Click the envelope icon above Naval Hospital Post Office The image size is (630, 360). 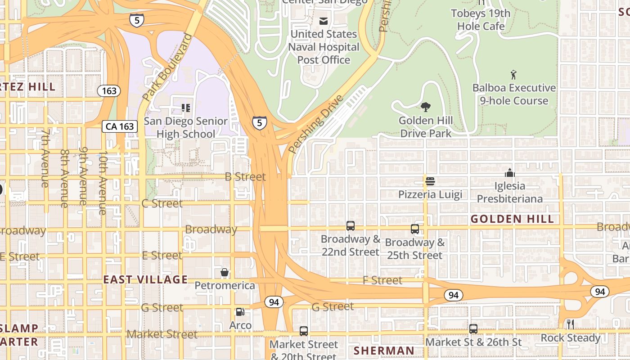323,21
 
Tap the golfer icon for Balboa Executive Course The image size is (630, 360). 513,75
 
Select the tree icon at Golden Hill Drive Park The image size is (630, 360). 425,107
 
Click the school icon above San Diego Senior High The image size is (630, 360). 185,108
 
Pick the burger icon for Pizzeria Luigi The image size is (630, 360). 430,181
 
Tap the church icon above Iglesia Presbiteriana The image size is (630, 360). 509,173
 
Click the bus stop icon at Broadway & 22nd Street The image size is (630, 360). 351,226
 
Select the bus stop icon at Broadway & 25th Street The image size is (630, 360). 415,229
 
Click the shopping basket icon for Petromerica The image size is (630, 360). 225,272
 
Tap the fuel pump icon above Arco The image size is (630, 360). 240,312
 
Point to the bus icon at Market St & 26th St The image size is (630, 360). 473,329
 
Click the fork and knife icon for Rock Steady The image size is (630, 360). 571,324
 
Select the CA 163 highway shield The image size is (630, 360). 120,126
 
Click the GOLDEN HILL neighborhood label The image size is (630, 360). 512,219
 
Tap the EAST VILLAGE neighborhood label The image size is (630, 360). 145,279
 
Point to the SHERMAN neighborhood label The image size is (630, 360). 384,351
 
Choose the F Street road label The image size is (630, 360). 382,280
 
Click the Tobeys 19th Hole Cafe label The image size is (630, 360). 481,20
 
